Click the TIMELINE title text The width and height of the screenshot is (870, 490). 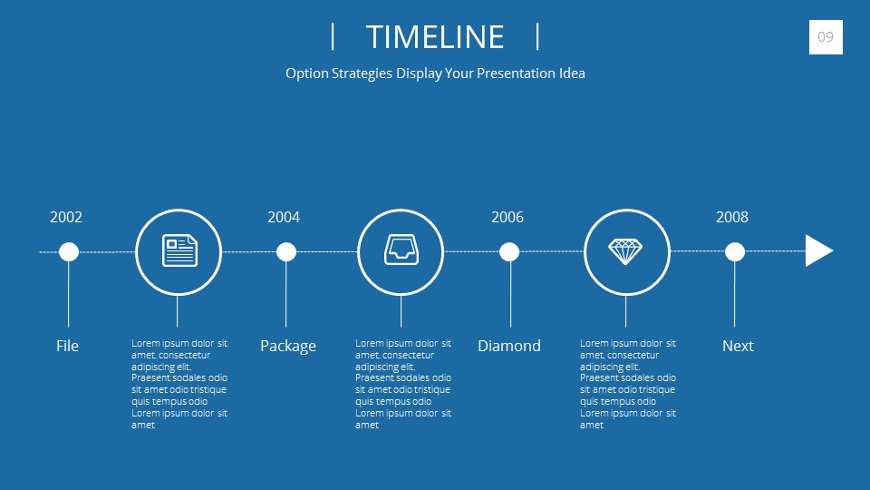pyautogui.click(x=435, y=37)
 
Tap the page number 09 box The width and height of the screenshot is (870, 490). pyautogui.click(x=826, y=37)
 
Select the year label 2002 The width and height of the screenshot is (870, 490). pyautogui.click(x=66, y=217)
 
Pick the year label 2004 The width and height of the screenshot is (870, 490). pyautogui.click(x=284, y=217)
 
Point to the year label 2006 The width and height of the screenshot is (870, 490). pyautogui.click(x=507, y=217)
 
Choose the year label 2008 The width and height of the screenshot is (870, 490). pyautogui.click(x=732, y=217)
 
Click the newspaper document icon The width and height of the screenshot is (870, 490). pyautogui.click(x=179, y=250)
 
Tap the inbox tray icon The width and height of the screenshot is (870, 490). pyautogui.click(x=401, y=250)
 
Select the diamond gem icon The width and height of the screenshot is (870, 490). pyautogui.click(x=625, y=251)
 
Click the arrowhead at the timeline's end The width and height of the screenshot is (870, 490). pyautogui.click(x=818, y=250)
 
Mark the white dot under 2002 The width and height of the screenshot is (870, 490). pyautogui.click(x=69, y=251)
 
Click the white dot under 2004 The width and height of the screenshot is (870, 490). pyautogui.click(x=286, y=251)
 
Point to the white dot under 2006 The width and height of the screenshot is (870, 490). pyautogui.click(x=509, y=251)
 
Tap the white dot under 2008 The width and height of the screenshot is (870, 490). pyautogui.click(x=735, y=251)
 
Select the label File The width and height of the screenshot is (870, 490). pyautogui.click(x=67, y=346)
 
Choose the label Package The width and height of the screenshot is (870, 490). pyautogui.click(x=288, y=347)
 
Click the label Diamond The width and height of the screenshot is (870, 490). pyautogui.click(x=509, y=346)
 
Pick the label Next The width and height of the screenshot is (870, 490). pyautogui.click(x=738, y=346)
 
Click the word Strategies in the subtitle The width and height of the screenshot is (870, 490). pyautogui.click(x=362, y=73)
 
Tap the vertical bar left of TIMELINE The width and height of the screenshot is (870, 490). pyautogui.click(x=333, y=36)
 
